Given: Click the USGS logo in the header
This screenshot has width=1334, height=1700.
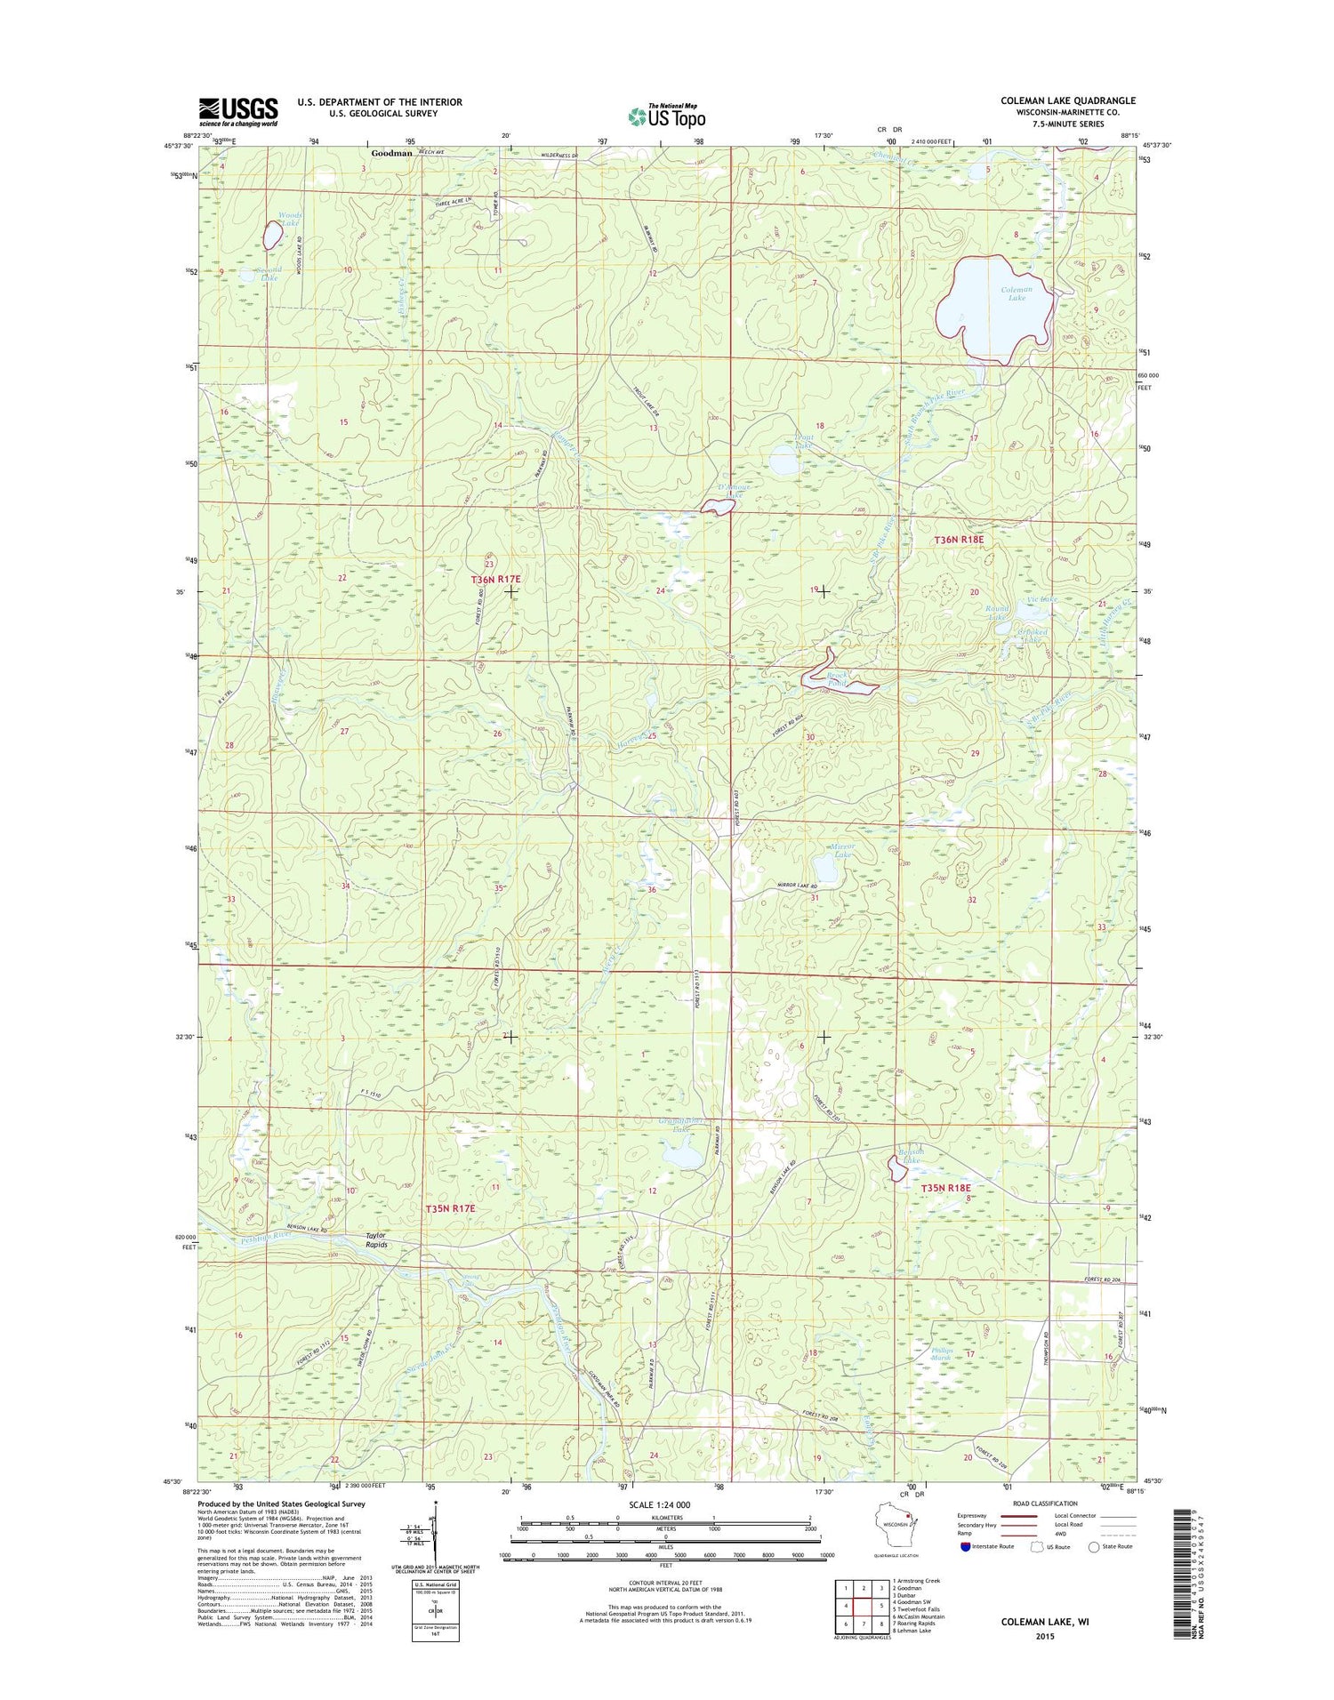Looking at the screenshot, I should [x=237, y=112].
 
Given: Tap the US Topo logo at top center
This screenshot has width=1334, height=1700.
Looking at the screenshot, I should [x=667, y=116].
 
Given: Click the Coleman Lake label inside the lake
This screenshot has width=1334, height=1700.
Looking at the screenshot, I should [x=1016, y=293].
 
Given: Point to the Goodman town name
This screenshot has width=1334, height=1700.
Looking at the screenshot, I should [x=391, y=153].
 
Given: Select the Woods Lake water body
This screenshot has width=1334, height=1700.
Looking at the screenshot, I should [x=272, y=235].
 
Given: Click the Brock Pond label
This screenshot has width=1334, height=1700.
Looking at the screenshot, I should [x=840, y=680].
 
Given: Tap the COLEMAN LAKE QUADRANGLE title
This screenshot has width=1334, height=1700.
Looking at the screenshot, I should [x=1067, y=100].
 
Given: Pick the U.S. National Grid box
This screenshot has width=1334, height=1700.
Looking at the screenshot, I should [x=435, y=1608].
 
